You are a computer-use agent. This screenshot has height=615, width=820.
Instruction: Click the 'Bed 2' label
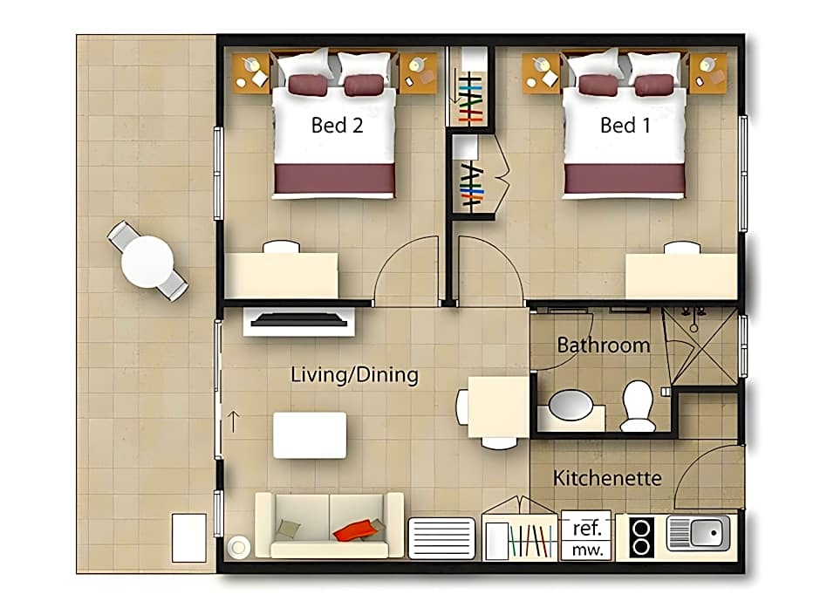tap(337, 126)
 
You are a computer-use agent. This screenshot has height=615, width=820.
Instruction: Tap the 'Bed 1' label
tap(625, 126)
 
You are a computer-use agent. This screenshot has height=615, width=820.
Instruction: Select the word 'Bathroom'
tap(603, 345)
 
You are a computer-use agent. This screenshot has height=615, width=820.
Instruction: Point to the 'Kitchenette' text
tap(607, 478)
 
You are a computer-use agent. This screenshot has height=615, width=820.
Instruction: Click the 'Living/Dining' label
tap(354, 375)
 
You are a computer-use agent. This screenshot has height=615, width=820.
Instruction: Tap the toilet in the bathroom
tap(638, 406)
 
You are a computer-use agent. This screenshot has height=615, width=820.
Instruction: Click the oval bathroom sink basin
tap(571, 405)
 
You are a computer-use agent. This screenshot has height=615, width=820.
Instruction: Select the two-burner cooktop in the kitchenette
tap(641, 537)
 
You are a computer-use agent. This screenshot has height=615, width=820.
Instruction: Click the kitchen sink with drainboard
tap(698, 533)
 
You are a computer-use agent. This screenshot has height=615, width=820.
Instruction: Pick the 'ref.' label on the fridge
tap(587, 528)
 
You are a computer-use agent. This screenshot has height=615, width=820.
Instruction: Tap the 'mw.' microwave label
tap(587, 550)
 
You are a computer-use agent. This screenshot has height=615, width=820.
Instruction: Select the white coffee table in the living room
tap(310, 435)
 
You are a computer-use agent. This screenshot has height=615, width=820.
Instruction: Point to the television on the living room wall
tap(298, 320)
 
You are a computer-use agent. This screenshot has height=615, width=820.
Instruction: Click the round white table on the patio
tap(147, 262)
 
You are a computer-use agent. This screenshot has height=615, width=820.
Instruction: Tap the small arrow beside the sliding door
tap(234, 421)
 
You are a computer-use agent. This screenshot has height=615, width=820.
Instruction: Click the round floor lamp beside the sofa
tap(238, 548)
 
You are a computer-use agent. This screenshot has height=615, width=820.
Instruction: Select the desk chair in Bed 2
tap(282, 247)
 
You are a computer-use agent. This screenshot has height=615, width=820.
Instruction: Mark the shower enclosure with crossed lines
tap(700, 346)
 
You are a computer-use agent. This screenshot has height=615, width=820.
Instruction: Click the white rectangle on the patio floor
tap(189, 537)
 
